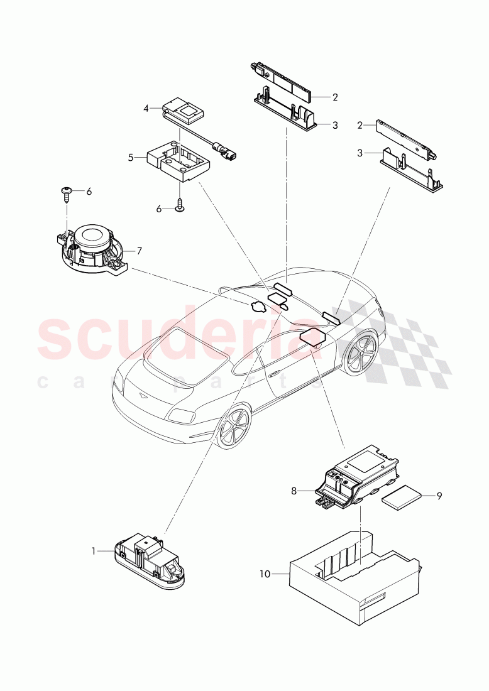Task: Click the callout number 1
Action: point(94,551)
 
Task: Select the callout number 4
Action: point(146,108)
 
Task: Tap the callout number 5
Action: point(131,158)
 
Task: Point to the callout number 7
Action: point(139,251)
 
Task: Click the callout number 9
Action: point(439,496)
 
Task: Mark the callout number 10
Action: point(265,573)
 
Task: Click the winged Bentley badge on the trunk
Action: point(141,397)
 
